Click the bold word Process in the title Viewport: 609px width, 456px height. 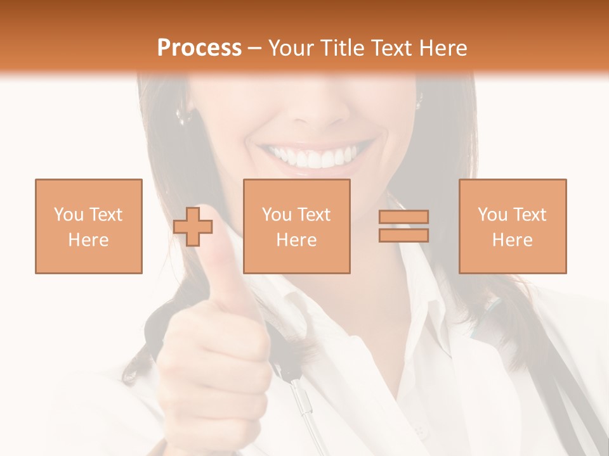click(x=199, y=48)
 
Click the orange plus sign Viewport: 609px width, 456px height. click(x=193, y=227)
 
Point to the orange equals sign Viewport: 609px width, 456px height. click(x=403, y=226)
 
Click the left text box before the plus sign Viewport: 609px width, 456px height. click(x=89, y=226)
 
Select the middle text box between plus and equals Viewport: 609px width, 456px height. click(x=297, y=226)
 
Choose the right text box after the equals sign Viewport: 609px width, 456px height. click(x=513, y=226)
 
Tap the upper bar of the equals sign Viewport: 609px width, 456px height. click(x=403, y=217)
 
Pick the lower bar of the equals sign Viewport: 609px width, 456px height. click(x=403, y=235)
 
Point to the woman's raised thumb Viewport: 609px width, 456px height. click(x=221, y=266)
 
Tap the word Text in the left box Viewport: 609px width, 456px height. click(x=106, y=215)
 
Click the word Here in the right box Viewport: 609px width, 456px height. click(x=513, y=240)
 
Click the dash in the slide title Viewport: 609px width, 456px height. click(x=255, y=49)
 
